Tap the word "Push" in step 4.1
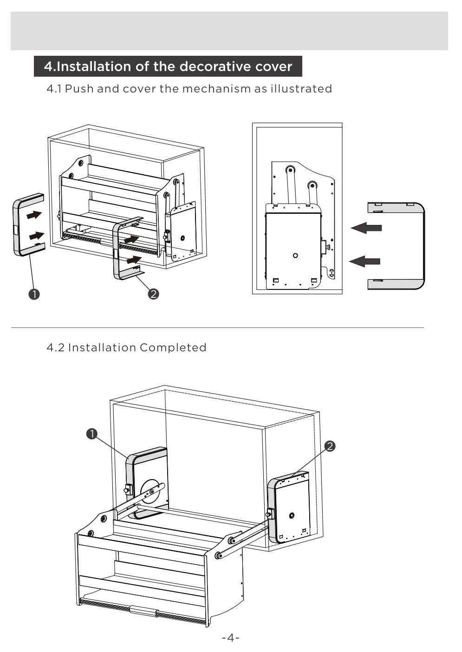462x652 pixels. click(78, 89)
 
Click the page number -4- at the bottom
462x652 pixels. click(231, 638)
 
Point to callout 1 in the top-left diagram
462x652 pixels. click(34, 294)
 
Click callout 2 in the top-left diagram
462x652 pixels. click(153, 294)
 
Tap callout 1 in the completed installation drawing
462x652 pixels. click(92, 434)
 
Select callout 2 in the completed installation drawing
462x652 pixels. click(330, 446)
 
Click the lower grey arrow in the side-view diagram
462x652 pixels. click(365, 261)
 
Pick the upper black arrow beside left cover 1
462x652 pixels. click(34, 215)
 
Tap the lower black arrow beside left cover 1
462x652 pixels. click(36, 236)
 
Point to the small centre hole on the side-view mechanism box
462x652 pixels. click(295, 255)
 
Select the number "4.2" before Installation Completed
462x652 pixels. click(55, 348)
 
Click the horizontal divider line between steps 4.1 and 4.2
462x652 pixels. click(217, 328)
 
